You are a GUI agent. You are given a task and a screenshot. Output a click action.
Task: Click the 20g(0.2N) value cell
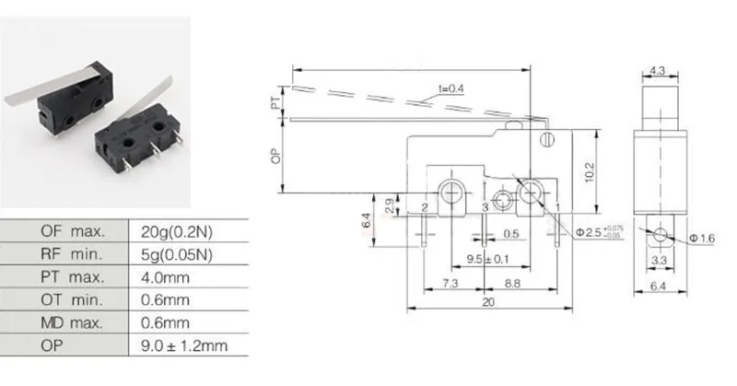pos(177,232)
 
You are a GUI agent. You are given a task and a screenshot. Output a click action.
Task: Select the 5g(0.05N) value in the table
pos(177,255)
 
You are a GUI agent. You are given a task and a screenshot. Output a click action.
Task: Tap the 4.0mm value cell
pos(165,277)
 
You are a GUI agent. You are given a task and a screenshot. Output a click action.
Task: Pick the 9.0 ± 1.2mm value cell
pos(184,346)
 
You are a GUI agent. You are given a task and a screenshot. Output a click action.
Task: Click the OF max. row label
pos(74,231)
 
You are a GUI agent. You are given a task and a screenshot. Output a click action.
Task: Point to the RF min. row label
pos(72,254)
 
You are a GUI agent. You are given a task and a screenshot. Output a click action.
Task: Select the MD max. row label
pos(72,323)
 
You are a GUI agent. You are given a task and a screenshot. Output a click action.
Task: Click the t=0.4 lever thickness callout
pos(451,88)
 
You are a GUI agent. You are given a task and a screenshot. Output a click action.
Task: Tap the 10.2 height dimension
pos(590,172)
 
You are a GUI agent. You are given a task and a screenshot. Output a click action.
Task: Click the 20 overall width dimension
pos(488,302)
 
